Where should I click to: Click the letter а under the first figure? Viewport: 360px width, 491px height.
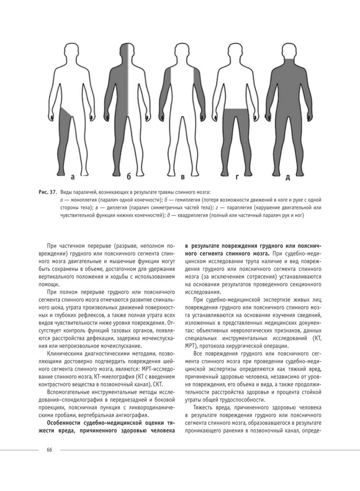pyautogui.click(x=72, y=177)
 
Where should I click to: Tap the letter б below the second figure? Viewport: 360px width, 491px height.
pyautogui.click(x=128, y=177)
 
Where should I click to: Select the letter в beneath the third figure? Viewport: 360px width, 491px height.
pyautogui.click(x=183, y=177)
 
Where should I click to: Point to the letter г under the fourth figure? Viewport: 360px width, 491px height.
pyautogui.click(x=236, y=177)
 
